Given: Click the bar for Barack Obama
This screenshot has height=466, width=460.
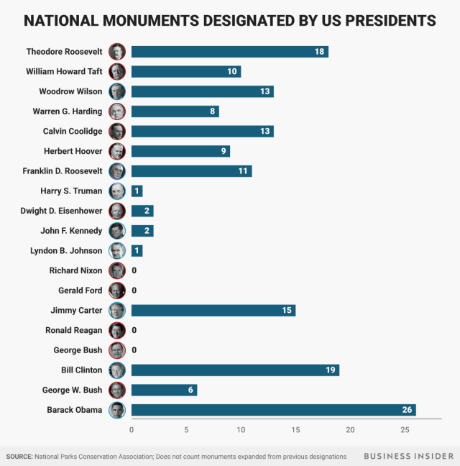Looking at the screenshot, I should click(273, 410).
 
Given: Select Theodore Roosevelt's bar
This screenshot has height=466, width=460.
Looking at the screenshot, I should click(229, 52).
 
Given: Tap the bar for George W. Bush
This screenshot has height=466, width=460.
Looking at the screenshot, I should click(164, 390).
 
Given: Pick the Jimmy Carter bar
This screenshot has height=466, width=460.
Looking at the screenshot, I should click(213, 311).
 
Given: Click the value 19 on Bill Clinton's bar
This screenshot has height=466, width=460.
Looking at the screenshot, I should click(331, 370).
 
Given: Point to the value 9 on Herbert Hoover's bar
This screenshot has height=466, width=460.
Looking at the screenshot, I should click(224, 151).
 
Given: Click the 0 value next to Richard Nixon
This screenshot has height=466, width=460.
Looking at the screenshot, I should click(134, 270).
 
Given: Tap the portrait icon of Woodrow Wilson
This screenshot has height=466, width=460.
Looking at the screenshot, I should click(117, 91).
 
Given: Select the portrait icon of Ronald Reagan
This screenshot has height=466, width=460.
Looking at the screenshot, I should click(117, 330).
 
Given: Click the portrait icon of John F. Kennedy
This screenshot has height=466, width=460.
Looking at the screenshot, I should click(117, 231).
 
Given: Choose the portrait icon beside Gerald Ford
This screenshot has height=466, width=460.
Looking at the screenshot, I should click(117, 291).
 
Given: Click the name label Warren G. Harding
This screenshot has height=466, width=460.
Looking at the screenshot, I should click(68, 111).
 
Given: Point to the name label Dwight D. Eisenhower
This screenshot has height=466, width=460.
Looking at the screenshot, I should click(62, 211).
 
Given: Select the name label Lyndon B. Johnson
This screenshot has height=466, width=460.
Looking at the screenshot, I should click(66, 251).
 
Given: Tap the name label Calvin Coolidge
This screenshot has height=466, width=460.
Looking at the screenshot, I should click(73, 132).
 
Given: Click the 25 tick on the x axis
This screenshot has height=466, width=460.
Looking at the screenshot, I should click(405, 430).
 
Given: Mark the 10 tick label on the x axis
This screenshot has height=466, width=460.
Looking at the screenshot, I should click(241, 430).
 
